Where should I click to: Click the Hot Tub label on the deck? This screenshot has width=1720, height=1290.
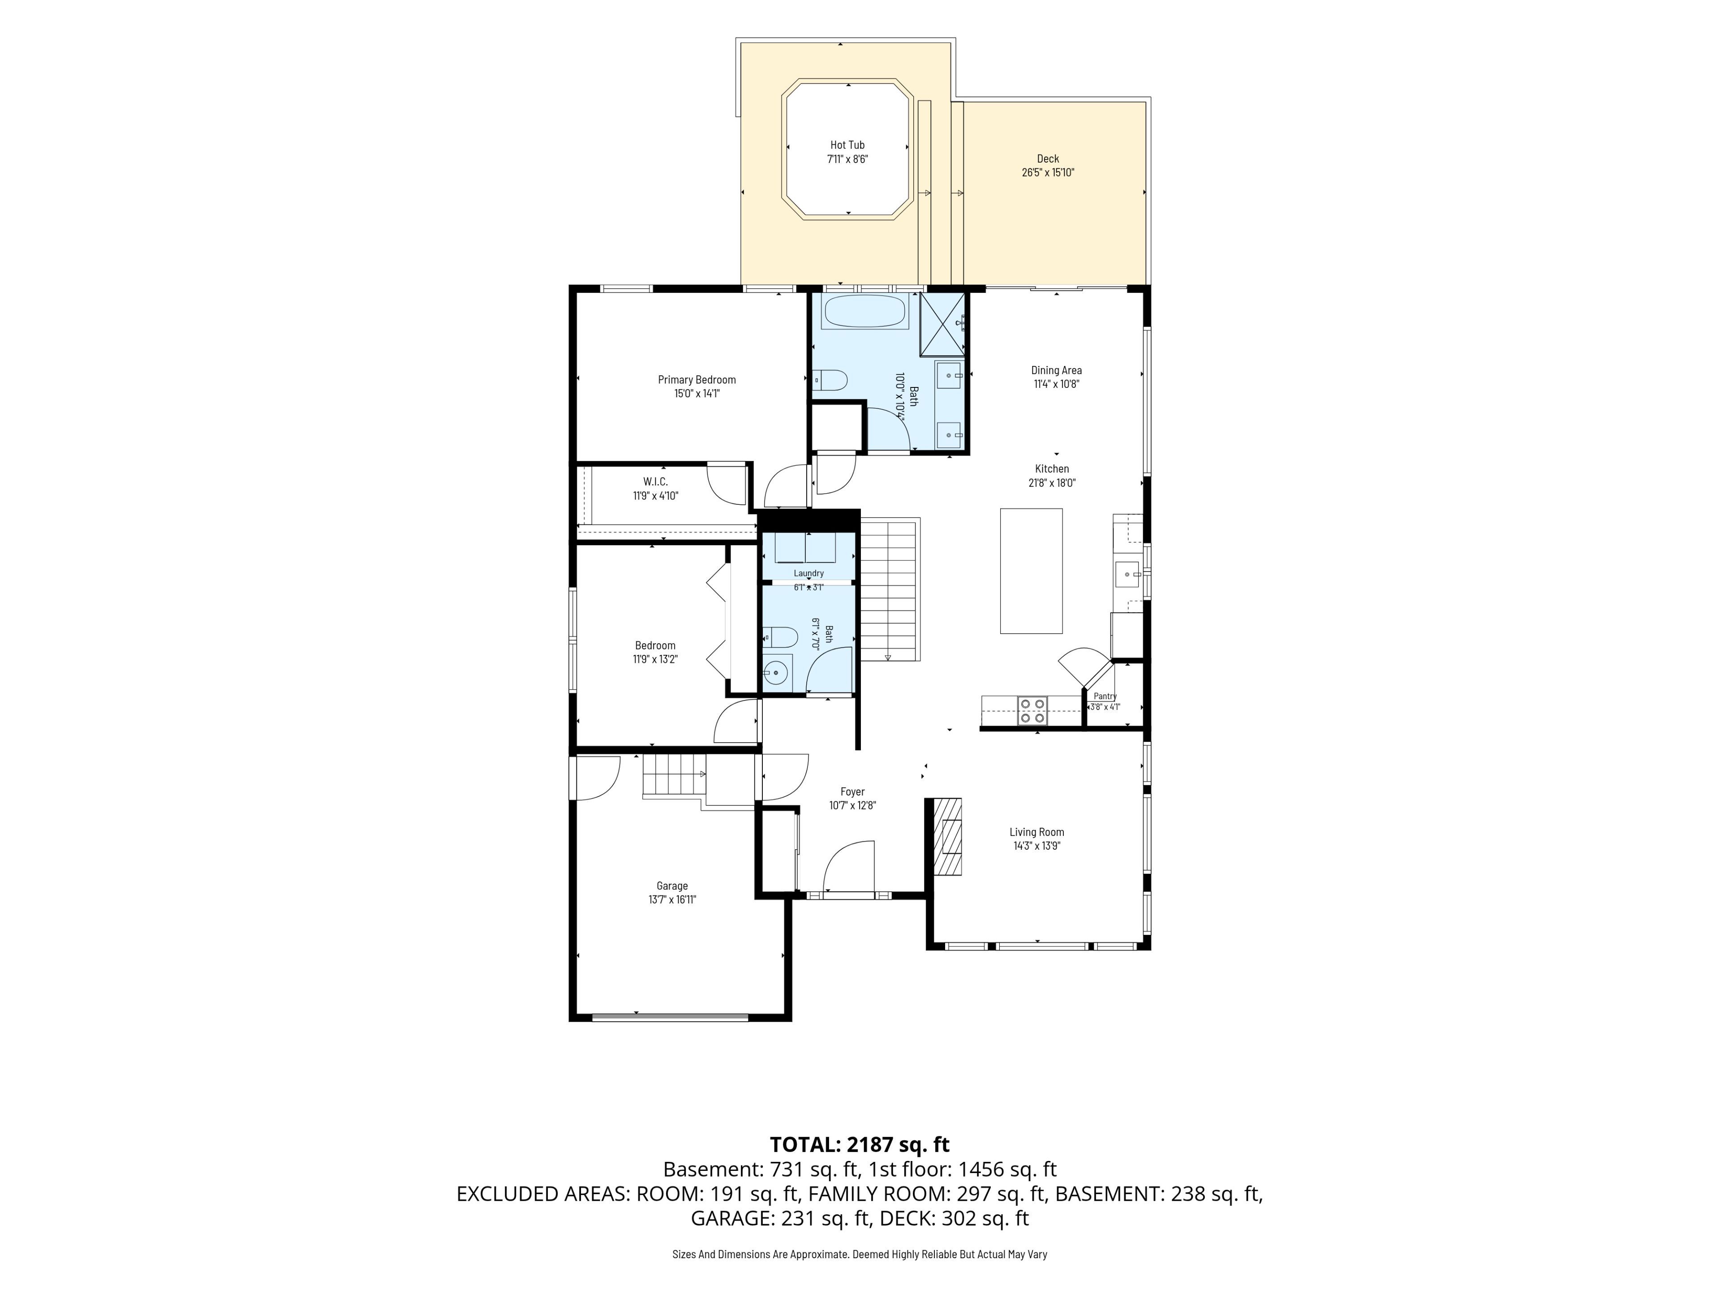(847, 145)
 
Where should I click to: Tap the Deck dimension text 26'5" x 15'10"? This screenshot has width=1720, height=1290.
(1048, 172)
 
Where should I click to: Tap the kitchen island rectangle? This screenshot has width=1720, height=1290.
(1031, 571)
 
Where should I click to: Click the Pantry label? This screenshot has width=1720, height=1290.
(1105, 697)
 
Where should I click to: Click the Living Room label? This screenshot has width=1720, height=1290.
(1036, 832)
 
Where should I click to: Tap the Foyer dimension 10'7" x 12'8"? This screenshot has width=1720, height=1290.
(852, 805)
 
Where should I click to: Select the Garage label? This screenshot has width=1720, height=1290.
(672, 886)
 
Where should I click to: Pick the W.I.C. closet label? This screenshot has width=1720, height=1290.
(655, 482)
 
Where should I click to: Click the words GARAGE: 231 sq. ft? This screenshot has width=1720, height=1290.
(780, 1218)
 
